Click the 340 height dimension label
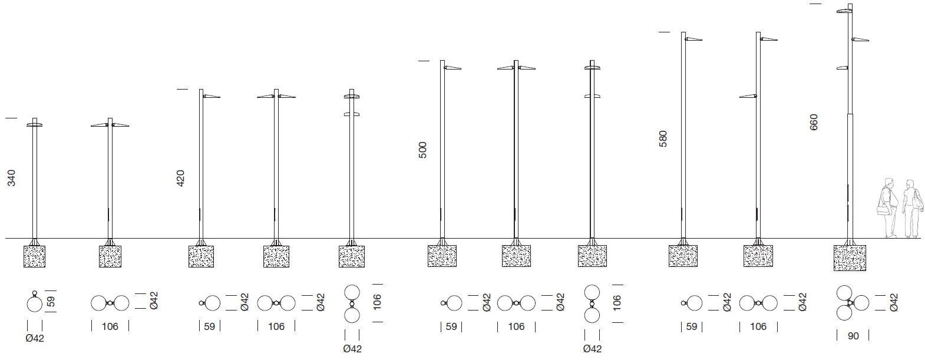(x=12, y=178)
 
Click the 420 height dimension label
(x=180, y=178)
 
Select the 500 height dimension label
(x=422, y=150)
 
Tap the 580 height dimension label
(x=663, y=138)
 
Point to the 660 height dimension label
(x=814, y=122)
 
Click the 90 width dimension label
(x=853, y=336)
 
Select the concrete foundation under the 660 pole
(x=850, y=257)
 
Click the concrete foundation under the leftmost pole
(x=34, y=256)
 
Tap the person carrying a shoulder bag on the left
(x=886, y=207)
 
